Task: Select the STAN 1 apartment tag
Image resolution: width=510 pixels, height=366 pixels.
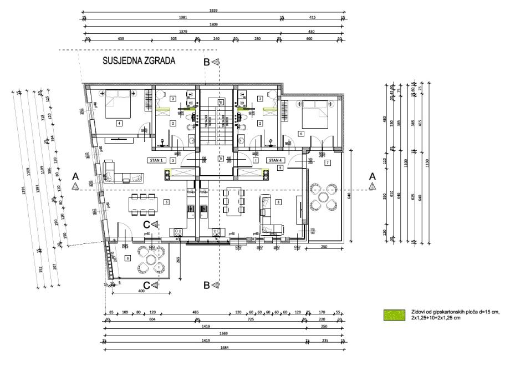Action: (x=155, y=160)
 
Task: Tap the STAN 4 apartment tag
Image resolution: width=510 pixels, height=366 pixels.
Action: (x=275, y=160)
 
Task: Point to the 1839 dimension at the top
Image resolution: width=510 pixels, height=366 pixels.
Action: (x=213, y=10)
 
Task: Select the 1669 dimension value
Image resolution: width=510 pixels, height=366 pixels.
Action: (x=224, y=334)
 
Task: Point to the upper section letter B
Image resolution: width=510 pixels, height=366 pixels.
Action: (x=207, y=63)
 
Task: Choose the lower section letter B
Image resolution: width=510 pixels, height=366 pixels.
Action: (x=207, y=286)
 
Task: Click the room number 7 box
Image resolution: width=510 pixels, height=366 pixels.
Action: (x=328, y=162)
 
